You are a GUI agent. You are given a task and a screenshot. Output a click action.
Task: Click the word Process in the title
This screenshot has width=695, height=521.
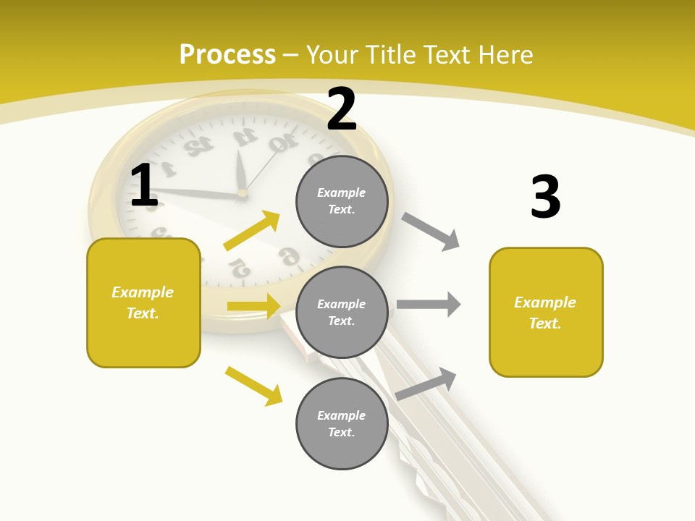pos(227,54)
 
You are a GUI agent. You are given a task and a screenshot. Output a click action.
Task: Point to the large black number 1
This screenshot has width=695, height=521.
pos(144,185)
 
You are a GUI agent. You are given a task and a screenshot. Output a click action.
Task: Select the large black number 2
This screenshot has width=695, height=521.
pos(342,109)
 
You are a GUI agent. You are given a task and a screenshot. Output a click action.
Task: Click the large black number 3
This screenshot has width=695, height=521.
pos(545,197)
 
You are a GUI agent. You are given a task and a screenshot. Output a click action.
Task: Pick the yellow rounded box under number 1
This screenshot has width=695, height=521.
pos(143,302)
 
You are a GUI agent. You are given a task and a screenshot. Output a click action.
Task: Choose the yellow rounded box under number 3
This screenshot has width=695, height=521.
pos(546,312)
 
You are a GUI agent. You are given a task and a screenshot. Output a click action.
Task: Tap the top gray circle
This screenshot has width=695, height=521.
pos(342,201)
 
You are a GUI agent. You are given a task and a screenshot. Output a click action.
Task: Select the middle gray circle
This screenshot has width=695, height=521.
pos(342,312)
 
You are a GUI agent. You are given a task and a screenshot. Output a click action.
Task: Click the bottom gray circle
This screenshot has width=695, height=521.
pos(342,423)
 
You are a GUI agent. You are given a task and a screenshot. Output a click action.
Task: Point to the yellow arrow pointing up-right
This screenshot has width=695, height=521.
pos(252,231)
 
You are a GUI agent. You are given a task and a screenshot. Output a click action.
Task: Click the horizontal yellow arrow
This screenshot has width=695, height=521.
pos(253,306)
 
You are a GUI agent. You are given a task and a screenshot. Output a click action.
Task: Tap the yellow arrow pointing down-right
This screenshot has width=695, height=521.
pos(253,386)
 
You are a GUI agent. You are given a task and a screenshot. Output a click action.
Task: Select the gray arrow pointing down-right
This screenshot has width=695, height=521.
pos(431,232)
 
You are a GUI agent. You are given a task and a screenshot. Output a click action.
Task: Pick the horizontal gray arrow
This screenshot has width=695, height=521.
pos(429,304)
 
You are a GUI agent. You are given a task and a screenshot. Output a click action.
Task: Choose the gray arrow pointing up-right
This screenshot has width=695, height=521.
pos(426,384)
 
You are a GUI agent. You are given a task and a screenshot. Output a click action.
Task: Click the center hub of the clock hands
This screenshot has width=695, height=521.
pos(242,193)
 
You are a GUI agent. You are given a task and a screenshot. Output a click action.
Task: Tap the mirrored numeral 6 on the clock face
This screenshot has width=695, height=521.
pos(289,255)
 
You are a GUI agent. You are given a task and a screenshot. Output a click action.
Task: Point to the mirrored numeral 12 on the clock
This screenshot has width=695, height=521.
pos(198,145)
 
